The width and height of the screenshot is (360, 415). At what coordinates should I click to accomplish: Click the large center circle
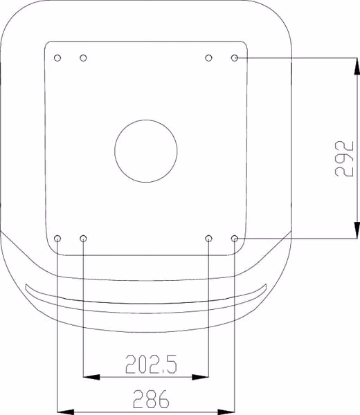145,120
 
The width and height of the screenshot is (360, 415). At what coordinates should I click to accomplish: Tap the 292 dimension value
344,158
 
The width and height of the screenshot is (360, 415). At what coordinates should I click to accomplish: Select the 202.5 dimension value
151,365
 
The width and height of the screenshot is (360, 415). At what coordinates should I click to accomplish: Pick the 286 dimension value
151,398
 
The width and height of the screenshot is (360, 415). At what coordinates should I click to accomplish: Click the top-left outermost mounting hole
57,57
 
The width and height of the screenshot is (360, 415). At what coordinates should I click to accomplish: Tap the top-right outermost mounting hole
235,57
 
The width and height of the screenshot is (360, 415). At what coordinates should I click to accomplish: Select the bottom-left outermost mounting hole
57,239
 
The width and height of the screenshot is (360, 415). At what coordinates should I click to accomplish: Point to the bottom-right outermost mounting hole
235,239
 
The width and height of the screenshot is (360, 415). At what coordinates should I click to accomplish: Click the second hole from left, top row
83,57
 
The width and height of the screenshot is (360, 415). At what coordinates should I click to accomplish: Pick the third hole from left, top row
209,57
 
